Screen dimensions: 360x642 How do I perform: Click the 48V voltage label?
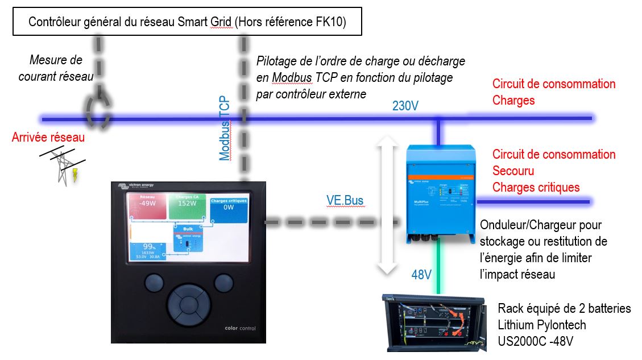pos(421,275)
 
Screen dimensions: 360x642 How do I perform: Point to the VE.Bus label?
pos(345,200)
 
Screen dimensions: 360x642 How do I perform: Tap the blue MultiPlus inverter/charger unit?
pos(440,193)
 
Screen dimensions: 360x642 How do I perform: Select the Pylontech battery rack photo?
pos(435,321)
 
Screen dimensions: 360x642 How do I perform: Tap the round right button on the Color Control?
pos(223,283)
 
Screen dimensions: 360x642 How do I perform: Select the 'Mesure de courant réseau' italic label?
pos(56,68)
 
